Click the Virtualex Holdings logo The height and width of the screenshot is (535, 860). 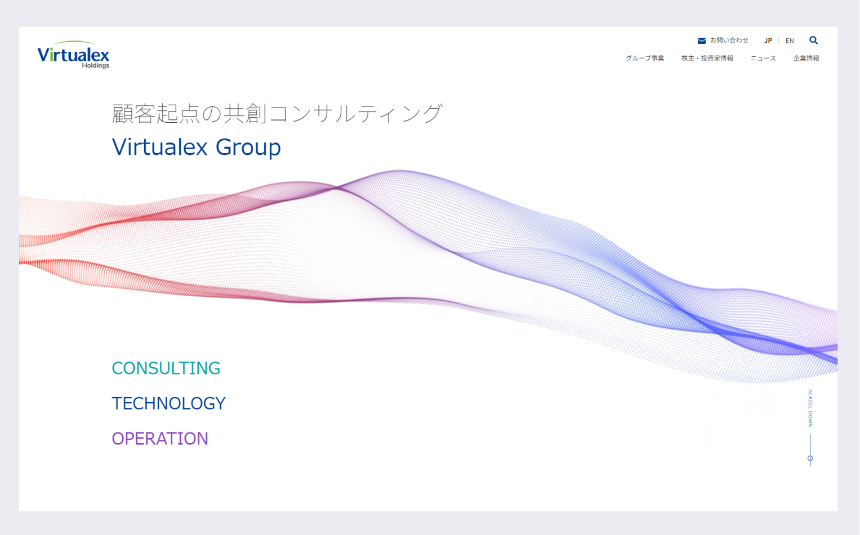click(x=73, y=55)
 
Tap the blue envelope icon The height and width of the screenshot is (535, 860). click(x=701, y=41)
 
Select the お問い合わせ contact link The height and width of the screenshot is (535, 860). click(x=729, y=41)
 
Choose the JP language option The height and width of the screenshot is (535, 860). click(x=768, y=41)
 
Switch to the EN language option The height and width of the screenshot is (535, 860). click(x=790, y=41)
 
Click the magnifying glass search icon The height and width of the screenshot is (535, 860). click(x=814, y=41)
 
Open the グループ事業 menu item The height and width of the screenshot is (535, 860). click(x=645, y=59)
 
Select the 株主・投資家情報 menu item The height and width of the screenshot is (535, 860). click(x=707, y=59)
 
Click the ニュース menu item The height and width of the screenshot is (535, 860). click(x=763, y=59)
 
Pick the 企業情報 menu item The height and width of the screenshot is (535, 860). click(x=806, y=59)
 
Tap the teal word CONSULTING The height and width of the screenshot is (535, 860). click(x=166, y=368)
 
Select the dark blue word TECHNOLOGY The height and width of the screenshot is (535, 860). click(x=168, y=403)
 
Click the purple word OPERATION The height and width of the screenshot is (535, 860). click(x=160, y=439)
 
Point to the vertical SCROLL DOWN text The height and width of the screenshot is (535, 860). click(x=810, y=408)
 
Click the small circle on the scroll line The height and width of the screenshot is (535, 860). click(x=810, y=458)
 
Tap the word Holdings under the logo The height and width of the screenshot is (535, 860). click(x=96, y=66)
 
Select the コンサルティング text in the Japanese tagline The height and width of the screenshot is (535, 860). click(x=356, y=114)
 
